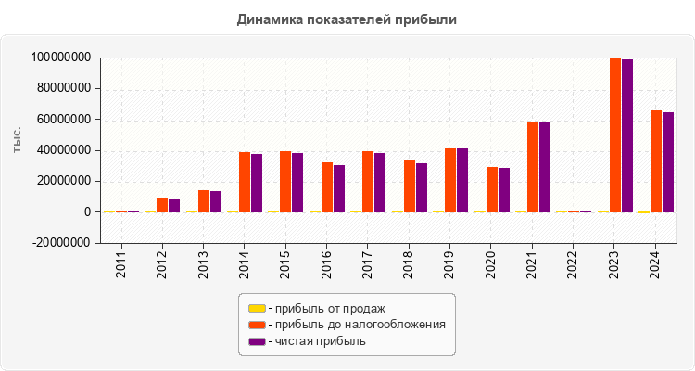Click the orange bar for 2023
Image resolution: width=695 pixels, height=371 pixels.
[615, 135]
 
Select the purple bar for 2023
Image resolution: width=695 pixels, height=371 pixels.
[627, 135]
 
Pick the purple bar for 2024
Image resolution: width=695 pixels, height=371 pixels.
[668, 162]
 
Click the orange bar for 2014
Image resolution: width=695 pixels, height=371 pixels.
[245, 182]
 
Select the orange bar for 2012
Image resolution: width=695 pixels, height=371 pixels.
[162, 205]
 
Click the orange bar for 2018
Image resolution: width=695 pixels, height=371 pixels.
[410, 186]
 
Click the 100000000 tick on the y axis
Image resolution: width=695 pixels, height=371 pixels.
[61, 58]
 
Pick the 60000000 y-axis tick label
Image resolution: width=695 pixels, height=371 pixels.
[64, 120]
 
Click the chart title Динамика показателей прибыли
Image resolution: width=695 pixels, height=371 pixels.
[347, 19]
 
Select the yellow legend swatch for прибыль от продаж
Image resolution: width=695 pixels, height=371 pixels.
[257, 308]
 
